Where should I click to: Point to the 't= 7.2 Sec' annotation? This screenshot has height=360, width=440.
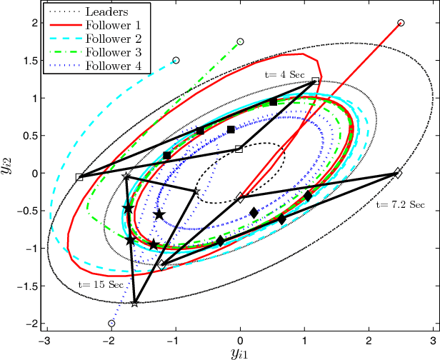[x=400, y=205]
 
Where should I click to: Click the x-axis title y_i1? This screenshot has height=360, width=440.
[x=241, y=353]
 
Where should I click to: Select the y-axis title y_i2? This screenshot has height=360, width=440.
[x=14, y=174]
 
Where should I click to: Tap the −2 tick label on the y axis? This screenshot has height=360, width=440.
[x=31, y=324]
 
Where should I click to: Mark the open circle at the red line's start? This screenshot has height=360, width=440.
[x=401, y=23]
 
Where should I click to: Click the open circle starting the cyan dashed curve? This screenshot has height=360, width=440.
[x=176, y=61]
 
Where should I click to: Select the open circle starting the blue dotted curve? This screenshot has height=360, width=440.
[x=111, y=324]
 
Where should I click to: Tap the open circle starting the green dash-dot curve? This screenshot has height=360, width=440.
[x=240, y=42]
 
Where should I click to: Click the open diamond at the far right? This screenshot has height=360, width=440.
[x=398, y=174]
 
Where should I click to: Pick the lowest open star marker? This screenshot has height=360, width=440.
[x=135, y=304]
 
